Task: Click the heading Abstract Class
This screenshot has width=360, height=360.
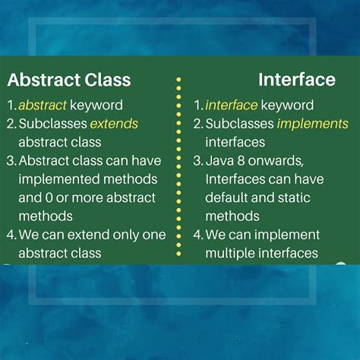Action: [69, 80]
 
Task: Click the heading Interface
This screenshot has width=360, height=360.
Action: [296, 80]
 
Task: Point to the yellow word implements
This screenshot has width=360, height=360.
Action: [313, 124]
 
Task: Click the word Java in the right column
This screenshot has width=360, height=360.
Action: [220, 161]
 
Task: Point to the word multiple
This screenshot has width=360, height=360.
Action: [231, 253]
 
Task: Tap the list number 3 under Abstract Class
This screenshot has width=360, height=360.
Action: [11, 161]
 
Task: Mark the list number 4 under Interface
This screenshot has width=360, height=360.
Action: [198, 235]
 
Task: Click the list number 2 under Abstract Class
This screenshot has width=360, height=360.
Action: [11, 124]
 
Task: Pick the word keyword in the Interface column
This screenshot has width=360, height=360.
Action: [287, 106]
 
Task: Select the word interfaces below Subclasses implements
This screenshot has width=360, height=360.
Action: [235, 142]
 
